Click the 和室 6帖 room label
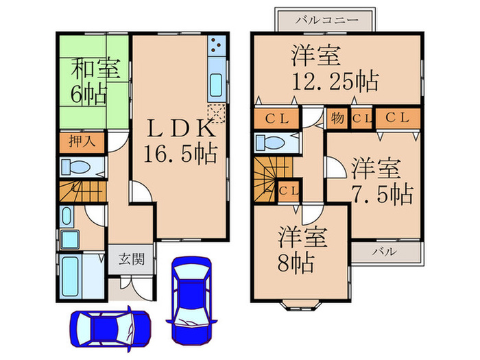(95, 81)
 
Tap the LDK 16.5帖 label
(180, 139)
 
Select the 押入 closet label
(81, 142)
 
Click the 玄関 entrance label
(130, 259)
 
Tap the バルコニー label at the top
(326, 20)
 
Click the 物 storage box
(337, 118)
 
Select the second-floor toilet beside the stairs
(276, 143)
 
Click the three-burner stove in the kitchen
(215, 46)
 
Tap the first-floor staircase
(81, 191)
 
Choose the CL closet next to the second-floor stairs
(289, 190)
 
